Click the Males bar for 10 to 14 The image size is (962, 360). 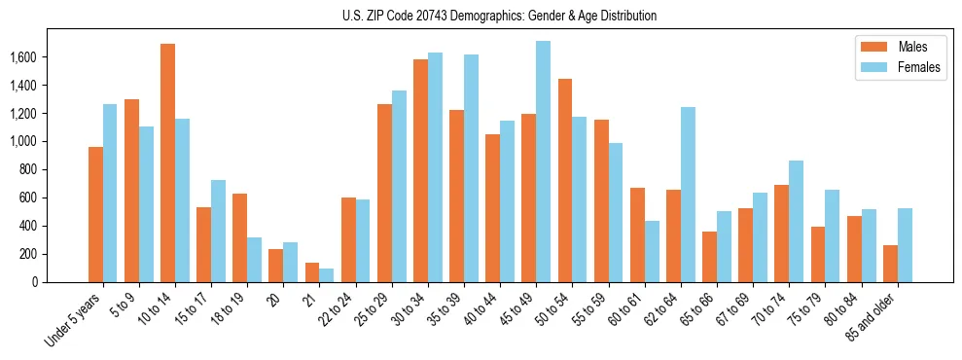[x=168, y=162]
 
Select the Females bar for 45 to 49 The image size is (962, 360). [x=543, y=162]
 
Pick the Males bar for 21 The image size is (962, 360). [x=312, y=272]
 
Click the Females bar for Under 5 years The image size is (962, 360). [x=110, y=193]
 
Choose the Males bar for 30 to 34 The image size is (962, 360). [x=420, y=170]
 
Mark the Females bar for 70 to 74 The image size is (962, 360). [x=796, y=221]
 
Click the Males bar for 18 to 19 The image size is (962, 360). [x=240, y=237]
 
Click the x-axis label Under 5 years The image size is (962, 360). [x=76, y=322]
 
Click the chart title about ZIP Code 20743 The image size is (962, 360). [x=499, y=16]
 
